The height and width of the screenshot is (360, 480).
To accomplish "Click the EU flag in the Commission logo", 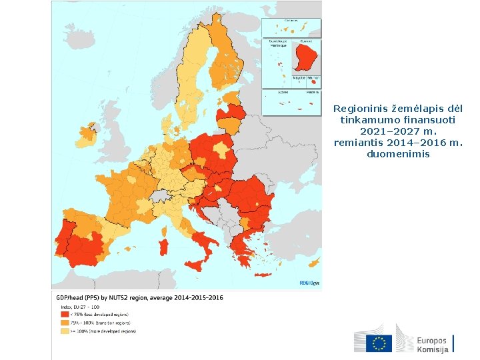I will point(379,343).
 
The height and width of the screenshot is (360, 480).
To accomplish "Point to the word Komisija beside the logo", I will point(433,349).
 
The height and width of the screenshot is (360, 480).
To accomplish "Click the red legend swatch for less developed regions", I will point(65,313).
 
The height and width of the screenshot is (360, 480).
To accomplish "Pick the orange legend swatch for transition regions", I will point(65,322).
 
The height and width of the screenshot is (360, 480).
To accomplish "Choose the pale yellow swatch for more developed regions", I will point(65,331).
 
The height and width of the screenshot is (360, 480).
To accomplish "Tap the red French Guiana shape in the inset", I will point(308,55).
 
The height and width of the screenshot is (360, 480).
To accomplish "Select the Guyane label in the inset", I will point(306,41).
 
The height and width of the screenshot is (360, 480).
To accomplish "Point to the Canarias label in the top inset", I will point(291,21).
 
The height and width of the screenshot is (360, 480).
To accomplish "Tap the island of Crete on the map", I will point(261,275).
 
